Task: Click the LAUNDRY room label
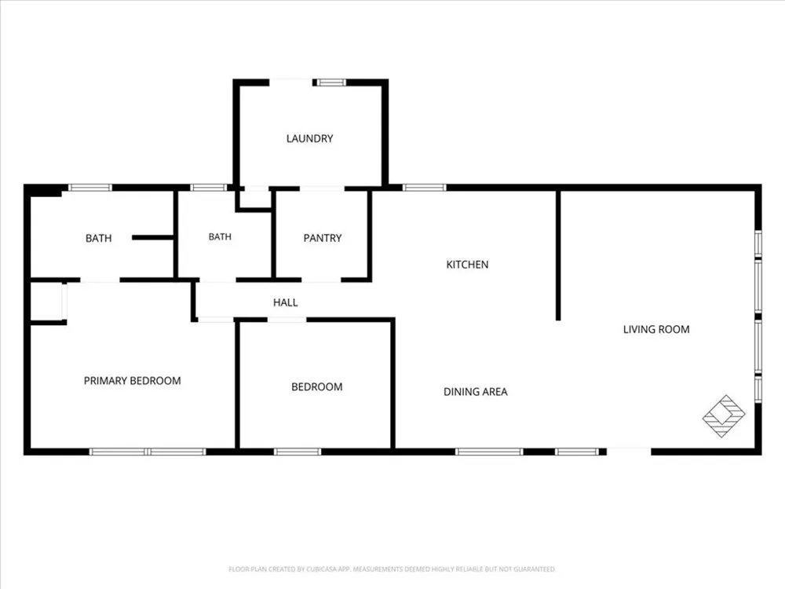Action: tap(309, 139)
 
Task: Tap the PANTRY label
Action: tap(323, 238)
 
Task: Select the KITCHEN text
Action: tap(467, 265)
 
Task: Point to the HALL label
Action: tap(286, 302)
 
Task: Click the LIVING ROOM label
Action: tap(656, 330)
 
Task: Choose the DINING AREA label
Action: tap(476, 392)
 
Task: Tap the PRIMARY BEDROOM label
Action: tap(132, 381)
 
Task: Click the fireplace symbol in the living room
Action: tap(724, 415)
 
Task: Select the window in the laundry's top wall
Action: tap(330, 82)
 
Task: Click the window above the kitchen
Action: tap(424, 188)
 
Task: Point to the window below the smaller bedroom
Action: tap(298, 452)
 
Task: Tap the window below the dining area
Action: tap(489, 452)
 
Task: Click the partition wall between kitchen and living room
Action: tap(558, 255)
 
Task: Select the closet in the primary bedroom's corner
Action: tap(48, 302)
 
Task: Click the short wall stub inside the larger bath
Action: tap(153, 237)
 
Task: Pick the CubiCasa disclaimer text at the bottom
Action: tap(392, 569)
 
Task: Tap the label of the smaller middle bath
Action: tap(220, 237)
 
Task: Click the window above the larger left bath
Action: tap(90, 188)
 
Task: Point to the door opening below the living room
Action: tap(629, 452)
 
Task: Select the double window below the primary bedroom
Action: tap(148, 452)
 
